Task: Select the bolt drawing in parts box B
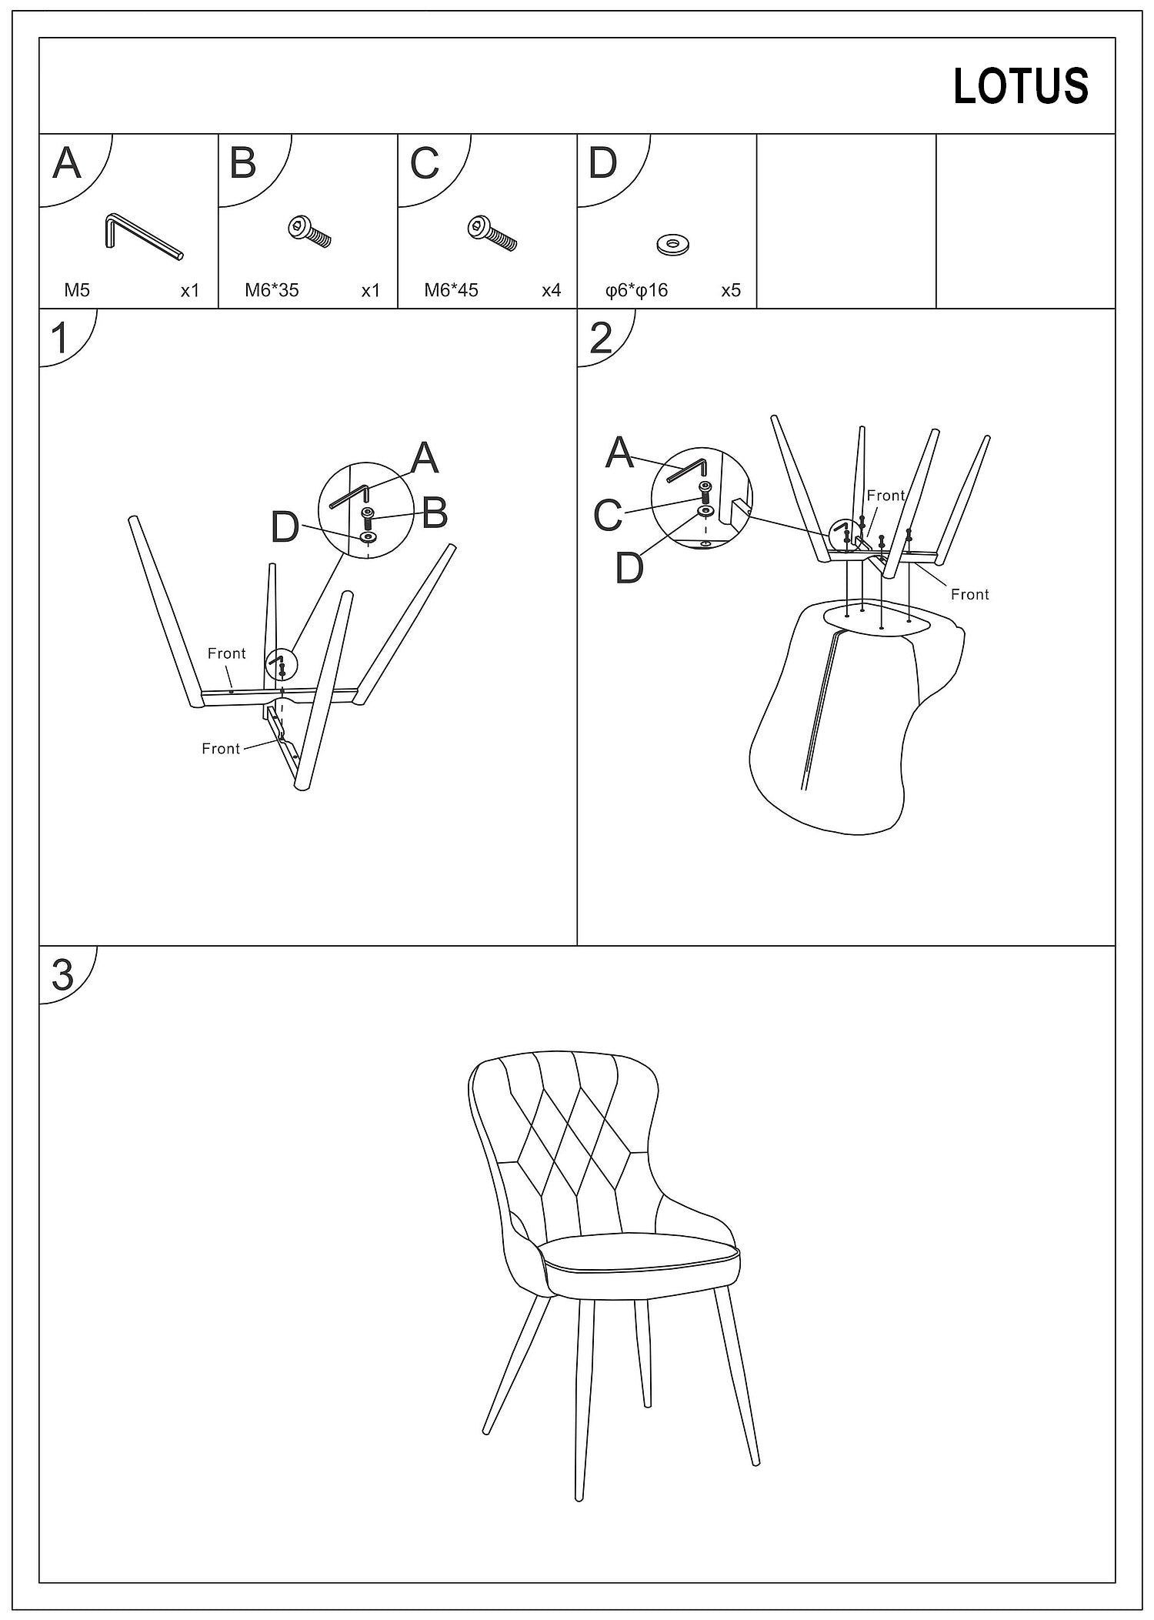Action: (309, 232)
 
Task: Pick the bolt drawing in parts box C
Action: (492, 234)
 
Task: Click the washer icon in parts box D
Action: (673, 245)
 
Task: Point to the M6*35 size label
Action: (272, 290)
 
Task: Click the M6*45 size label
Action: (451, 290)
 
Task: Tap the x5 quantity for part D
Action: (730, 290)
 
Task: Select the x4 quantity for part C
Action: (551, 290)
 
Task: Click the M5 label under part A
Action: (77, 290)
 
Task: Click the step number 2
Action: (600, 338)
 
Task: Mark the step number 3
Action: (62, 975)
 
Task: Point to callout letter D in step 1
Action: (285, 528)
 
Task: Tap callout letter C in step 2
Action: (608, 515)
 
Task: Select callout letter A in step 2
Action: (619, 453)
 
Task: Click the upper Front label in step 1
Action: (226, 653)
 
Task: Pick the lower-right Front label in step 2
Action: (969, 594)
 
